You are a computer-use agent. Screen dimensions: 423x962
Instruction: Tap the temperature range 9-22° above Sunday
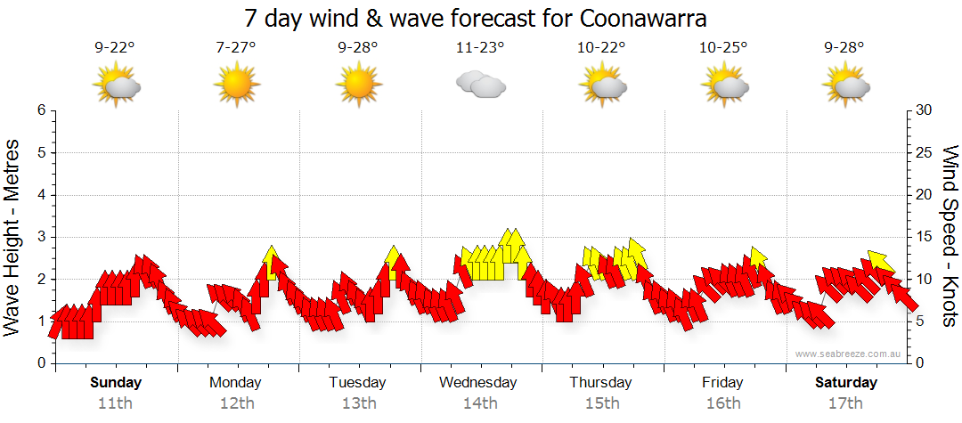coord(114,49)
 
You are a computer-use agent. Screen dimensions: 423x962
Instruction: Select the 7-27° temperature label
coord(235,49)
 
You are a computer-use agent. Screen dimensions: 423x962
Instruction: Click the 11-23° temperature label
coord(480,49)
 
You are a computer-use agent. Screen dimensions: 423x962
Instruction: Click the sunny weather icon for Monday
coord(236,85)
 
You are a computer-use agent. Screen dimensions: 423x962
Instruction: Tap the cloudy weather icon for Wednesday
coord(481,85)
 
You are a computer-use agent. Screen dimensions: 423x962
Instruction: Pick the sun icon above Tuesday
coord(358,85)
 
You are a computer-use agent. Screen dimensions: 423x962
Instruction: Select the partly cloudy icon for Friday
coord(724,85)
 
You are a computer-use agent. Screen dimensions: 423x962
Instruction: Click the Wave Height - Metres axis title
coord(12,237)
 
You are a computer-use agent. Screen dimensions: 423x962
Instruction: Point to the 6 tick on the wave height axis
coord(40,110)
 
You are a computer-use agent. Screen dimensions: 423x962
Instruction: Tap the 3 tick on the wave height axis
coord(40,237)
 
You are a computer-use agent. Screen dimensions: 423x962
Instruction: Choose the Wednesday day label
coord(478,383)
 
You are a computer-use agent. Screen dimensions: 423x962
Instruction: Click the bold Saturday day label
coord(846,383)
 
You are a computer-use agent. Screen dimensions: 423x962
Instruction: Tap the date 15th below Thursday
coord(601,403)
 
